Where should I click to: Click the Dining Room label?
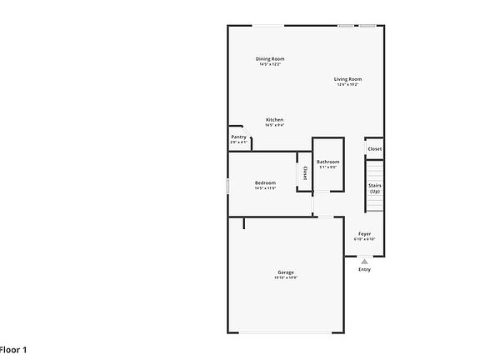tap(270, 58)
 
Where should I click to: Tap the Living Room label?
tap(348, 79)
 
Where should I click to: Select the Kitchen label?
tap(274, 120)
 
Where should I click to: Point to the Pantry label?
tap(238, 137)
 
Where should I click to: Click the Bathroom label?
tap(327, 161)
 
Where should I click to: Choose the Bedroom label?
tap(265, 182)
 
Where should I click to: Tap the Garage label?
tap(286, 272)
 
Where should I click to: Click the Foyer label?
tap(365, 233)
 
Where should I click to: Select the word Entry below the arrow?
tap(364, 269)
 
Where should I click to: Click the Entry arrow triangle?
tap(364, 261)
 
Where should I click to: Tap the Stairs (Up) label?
tap(374, 188)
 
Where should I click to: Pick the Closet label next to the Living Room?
tap(374, 149)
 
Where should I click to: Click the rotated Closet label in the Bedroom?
tap(305, 173)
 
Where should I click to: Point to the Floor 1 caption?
tap(13, 349)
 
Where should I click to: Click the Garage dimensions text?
tap(286, 277)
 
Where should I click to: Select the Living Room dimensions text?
tap(348, 85)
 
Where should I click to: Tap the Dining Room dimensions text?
tap(270, 64)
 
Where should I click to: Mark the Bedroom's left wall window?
tap(227, 186)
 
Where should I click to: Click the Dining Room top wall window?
tap(267, 26)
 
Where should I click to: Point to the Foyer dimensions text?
tap(365, 239)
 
